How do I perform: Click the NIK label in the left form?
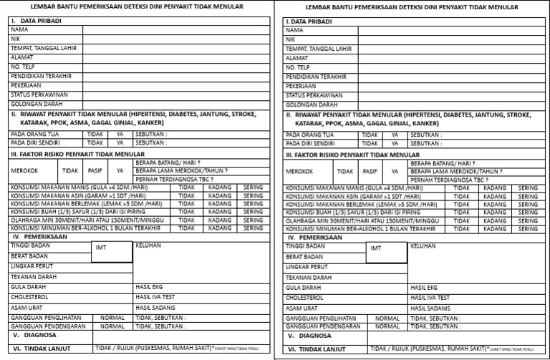(x=15, y=39)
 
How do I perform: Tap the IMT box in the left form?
(x=101, y=248)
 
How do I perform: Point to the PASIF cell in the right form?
(x=370, y=172)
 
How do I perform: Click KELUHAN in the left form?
(x=148, y=245)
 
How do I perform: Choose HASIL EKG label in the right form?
(x=424, y=287)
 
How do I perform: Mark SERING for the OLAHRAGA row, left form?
(x=253, y=220)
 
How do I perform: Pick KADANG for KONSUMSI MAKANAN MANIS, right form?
(x=494, y=188)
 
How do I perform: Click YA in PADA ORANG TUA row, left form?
(x=120, y=133)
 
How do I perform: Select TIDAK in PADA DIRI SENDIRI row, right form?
(x=370, y=143)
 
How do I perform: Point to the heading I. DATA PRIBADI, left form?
(x=36, y=21)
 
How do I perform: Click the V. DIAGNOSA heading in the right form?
(x=310, y=335)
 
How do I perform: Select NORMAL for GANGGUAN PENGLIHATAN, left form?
(x=112, y=317)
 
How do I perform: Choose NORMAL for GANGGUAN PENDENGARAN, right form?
(x=387, y=326)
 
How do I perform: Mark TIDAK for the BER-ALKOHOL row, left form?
(x=186, y=228)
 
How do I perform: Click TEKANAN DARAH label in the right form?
(x=309, y=277)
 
